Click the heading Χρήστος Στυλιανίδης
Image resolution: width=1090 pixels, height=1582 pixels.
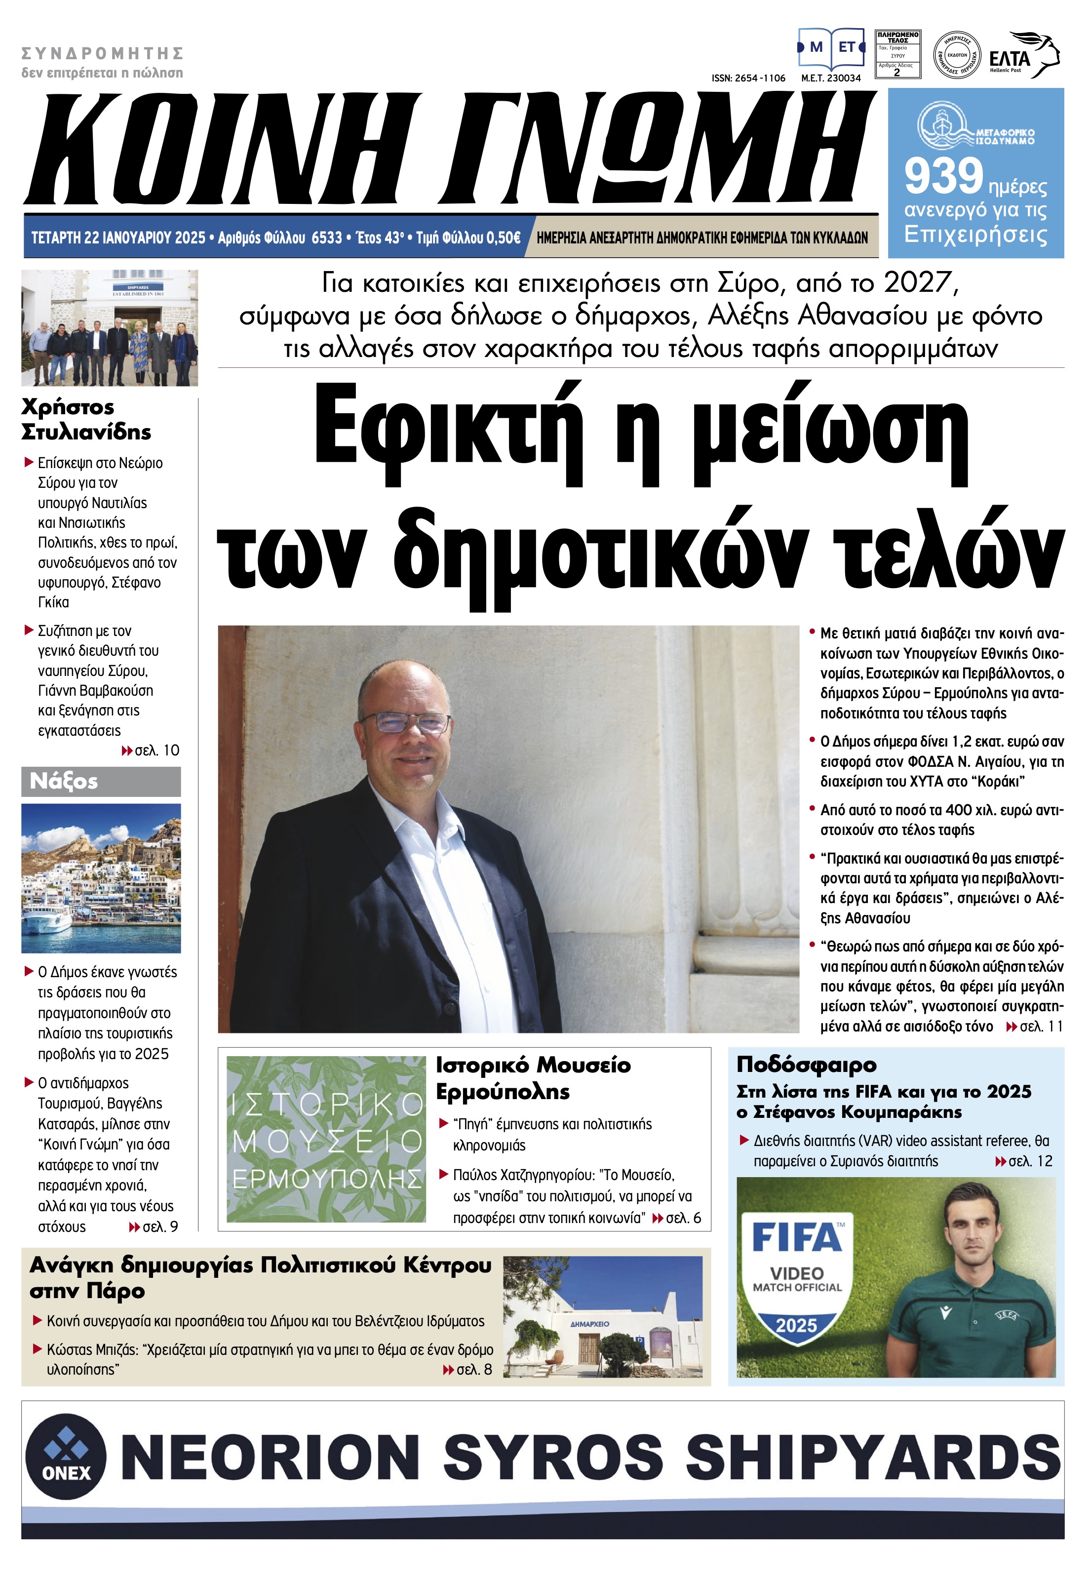pos(86,419)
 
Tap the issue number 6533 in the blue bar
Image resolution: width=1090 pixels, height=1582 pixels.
pos(326,237)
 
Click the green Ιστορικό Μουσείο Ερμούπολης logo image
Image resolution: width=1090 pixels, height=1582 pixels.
pos(326,1140)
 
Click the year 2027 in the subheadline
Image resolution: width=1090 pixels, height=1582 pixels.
pos(917,283)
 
